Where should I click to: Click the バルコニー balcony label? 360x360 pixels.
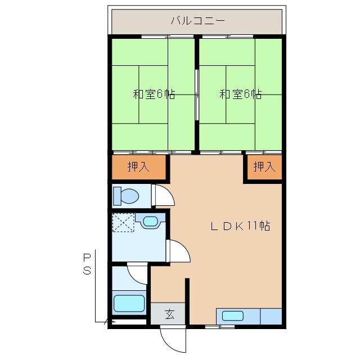[197, 21]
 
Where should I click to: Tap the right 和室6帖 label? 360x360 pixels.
[240, 94]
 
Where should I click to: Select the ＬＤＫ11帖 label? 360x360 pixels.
[241, 226]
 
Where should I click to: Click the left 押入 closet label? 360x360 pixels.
[139, 166]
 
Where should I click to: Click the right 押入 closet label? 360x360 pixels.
[264, 166]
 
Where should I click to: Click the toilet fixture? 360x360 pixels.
[127, 196]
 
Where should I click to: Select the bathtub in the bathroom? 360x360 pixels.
[129, 303]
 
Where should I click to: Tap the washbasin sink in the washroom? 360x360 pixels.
[150, 221]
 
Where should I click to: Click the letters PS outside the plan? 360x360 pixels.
[87, 264]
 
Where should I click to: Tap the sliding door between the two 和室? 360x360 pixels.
[196, 94]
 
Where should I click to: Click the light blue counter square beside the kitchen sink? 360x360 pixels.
[271, 316]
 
